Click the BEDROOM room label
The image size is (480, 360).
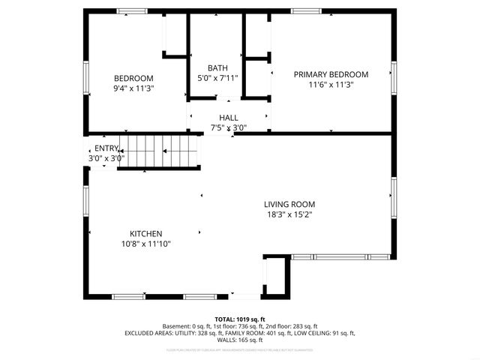pyautogui.click(x=133, y=79)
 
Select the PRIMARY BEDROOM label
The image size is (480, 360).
pyautogui.click(x=331, y=74)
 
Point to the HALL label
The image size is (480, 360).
pyautogui.click(x=229, y=118)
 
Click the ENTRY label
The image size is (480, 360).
pyautogui.click(x=106, y=148)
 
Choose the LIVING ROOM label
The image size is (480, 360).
pyautogui.click(x=289, y=204)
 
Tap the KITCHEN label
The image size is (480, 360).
pyautogui.click(x=145, y=233)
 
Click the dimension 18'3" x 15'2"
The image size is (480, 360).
pyautogui.click(x=289, y=214)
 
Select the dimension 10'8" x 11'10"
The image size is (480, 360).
pyautogui.click(x=145, y=244)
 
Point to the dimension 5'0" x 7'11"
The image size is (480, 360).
pyautogui.click(x=217, y=78)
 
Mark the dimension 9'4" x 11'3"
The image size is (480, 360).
pyautogui.click(x=133, y=89)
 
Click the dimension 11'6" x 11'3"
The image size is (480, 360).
pyautogui.click(x=331, y=85)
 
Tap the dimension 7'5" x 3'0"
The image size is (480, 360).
pyautogui.click(x=229, y=127)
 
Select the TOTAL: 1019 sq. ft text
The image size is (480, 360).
pyautogui.click(x=240, y=319)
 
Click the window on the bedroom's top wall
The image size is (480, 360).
pyautogui.click(x=132, y=11)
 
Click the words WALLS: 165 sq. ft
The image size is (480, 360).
pyautogui.click(x=240, y=340)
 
